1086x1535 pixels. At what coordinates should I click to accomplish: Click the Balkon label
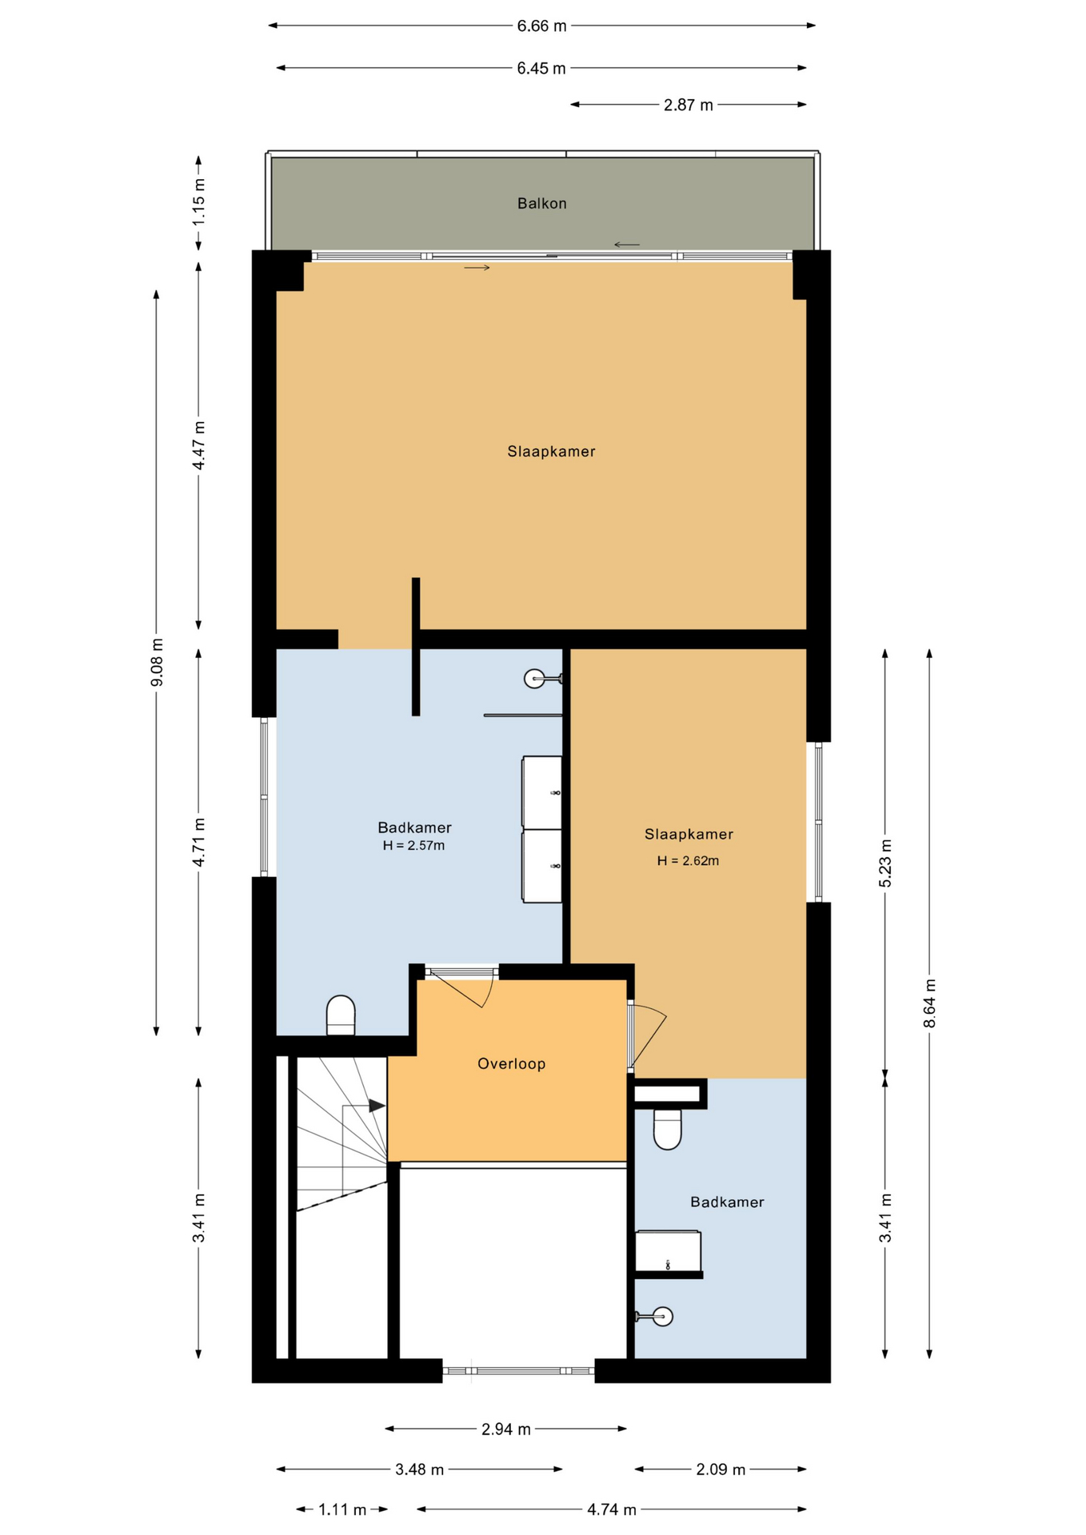click(x=541, y=203)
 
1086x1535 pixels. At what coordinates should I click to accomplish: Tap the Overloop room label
click(x=511, y=1063)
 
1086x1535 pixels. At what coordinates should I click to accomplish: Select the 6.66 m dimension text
click(x=541, y=26)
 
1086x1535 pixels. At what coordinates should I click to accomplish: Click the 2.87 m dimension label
click(x=688, y=105)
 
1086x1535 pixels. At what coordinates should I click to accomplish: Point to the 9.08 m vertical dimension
click(x=157, y=661)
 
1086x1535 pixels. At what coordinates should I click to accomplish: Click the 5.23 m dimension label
click(x=885, y=863)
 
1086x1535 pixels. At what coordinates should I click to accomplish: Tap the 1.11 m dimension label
click(x=342, y=1509)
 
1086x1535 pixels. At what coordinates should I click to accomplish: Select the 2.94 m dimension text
click(x=505, y=1429)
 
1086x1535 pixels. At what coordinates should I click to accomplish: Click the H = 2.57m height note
click(x=413, y=845)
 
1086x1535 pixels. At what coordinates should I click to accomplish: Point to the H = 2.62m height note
click(x=688, y=861)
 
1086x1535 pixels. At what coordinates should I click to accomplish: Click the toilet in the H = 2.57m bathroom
click(x=341, y=1015)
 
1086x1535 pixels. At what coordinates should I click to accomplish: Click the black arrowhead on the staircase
click(x=377, y=1106)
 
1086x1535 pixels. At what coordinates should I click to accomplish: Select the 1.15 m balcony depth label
click(x=198, y=201)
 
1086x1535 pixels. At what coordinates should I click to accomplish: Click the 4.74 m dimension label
click(x=612, y=1509)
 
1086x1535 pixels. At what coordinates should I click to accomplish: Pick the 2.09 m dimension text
click(x=720, y=1469)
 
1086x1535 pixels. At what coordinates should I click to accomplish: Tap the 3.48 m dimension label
click(x=419, y=1469)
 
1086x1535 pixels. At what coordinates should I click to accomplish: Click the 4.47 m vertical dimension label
click(x=198, y=445)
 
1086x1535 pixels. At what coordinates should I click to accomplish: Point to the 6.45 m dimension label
click(x=541, y=69)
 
